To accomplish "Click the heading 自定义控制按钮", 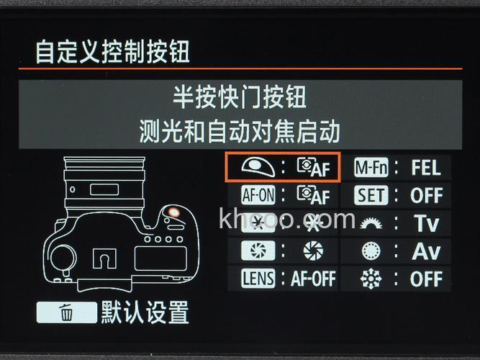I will pyautogui.click(x=113, y=52).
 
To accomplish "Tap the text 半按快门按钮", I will pyautogui.click(x=240, y=96).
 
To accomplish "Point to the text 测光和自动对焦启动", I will pyautogui.click(x=240, y=131).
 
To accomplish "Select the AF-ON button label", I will pyautogui.click(x=257, y=194).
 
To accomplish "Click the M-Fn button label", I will pyautogui.click(x=371, y=167).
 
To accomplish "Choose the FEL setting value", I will pyautogui.click(x=426, y=167).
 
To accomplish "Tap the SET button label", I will pyautogui.click(x=371, y=194).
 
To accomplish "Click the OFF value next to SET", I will pyautogui.click(x=426, y=194).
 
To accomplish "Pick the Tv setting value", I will pyautogui.click(x=426, y=222).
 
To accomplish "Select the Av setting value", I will pyautogui.click(x=426, y=251).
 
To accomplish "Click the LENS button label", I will pyautogui.click(x=257, y=278).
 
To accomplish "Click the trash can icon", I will pyautogui.click(x=66, y=313).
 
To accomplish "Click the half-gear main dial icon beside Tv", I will pyautogui.click(x=371, y=223).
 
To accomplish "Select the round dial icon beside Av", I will pyautogui.click(x=371, y=251).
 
